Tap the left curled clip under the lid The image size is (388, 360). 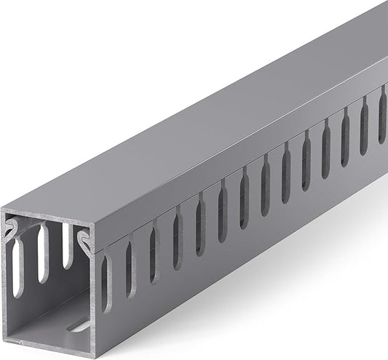click(x=11, y=232)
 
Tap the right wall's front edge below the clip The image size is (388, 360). click(x=94, y=298)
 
